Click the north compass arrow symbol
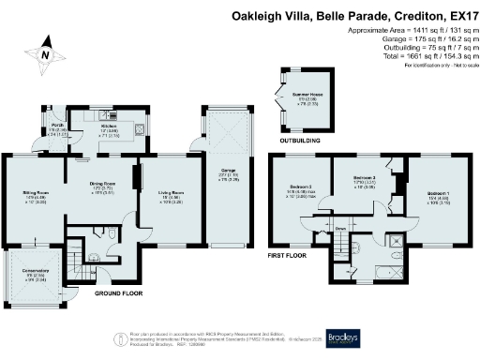coord(43,55)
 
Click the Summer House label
coord(306,95)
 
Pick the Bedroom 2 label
coord(365,177)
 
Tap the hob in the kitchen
coord(138,129)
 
